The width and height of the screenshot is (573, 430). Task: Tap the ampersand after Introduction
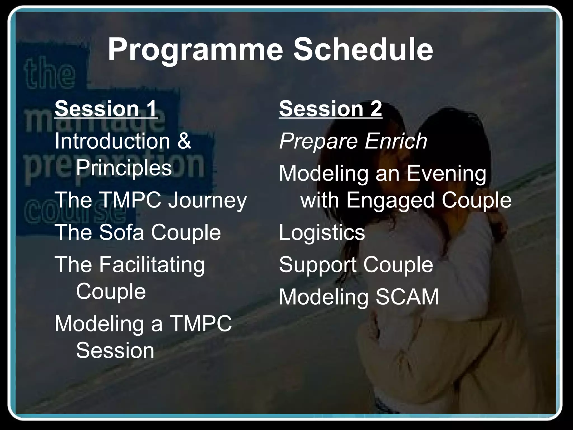click(x=184, y=141)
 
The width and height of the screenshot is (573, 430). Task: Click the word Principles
click(x=124, y=168)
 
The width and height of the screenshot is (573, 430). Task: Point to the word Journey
click(x=207, y=200)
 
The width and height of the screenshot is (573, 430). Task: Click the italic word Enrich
click(x=396, y=141)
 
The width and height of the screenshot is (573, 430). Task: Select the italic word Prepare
click(x=318, y=141)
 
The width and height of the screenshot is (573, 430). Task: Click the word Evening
click(x=447, y=174)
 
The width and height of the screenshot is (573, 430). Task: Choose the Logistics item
click(x=322, y=232)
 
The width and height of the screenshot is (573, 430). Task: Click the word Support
click(x=318, y=265)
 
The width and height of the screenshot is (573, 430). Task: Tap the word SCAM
click(x=407, y=297)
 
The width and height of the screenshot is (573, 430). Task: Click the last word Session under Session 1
click(x=115, y=351)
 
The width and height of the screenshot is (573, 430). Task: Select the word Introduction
click(x=112, y=141)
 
